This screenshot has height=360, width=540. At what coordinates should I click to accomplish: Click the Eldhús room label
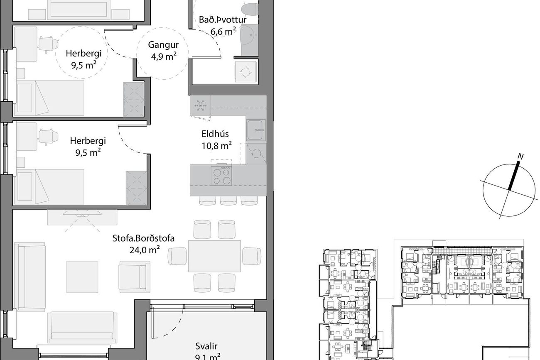215,134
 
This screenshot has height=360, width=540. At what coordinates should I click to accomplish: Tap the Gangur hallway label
163,45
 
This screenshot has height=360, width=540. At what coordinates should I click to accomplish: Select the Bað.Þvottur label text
223,20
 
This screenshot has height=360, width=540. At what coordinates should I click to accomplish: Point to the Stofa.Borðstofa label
143,238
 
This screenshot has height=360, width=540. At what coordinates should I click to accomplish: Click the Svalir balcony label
206,346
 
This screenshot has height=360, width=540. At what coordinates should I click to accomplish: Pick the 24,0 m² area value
145,250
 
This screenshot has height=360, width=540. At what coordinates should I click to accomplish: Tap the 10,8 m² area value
216,146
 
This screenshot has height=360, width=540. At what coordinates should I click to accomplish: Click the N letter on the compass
520,157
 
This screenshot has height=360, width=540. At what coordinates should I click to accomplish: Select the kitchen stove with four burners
221,175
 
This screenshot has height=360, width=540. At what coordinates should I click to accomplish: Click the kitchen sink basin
255,130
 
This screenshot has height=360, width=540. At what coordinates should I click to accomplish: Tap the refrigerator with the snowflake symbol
200,106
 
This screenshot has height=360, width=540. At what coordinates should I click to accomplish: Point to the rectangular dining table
214,256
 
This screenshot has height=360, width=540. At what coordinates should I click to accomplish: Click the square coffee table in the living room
82,277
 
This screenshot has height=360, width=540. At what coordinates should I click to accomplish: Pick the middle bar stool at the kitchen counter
228,201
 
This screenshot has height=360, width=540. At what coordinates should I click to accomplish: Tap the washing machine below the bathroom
245,72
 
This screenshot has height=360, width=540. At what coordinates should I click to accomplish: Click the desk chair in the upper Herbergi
48,44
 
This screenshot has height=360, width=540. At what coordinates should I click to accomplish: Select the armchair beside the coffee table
134,277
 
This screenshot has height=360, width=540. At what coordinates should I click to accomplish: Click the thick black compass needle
514,176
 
